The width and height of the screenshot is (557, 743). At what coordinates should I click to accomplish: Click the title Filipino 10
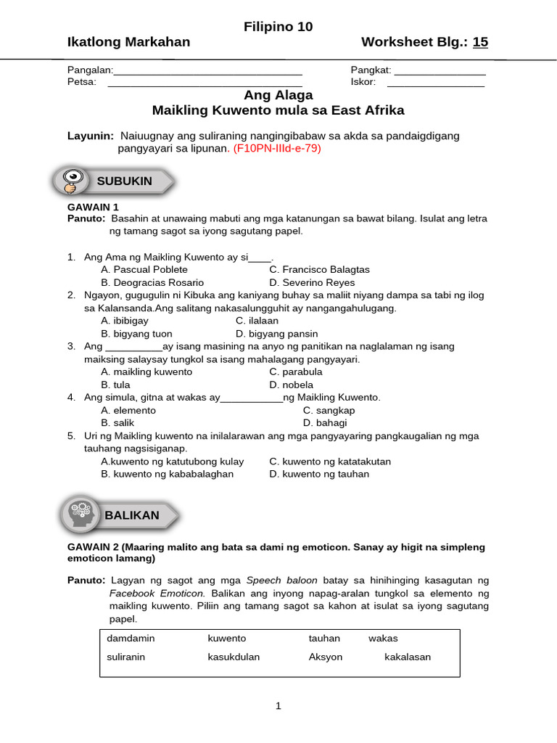pyautogui.click(x=278, y=27)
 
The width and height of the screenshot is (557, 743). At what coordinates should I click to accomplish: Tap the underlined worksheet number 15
pyautogui.click(x=480, y=42)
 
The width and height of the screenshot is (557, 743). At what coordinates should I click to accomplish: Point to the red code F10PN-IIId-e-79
pyautogui.click(x=276, y=148)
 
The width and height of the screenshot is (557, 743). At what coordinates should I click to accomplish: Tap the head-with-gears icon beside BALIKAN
pyautogui.click(x=80, y=514)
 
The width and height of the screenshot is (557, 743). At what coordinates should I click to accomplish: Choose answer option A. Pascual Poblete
pyautogui.click(x=144, y=269)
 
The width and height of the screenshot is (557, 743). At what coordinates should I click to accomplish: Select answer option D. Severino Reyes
pyautogui.click(x=312, y=282)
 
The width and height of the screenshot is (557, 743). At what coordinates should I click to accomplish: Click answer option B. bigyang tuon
pyautogui.click(x=137, y=334)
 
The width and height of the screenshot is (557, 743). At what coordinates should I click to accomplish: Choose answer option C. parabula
pyautogui.click(x=296, y=371)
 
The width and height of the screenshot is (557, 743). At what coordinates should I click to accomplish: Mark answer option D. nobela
pyautogui.click(x=292, y=385)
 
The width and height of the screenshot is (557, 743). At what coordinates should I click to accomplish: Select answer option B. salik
pyautogui.click(x=118, y=422)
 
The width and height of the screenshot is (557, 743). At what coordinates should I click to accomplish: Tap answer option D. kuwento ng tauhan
pyautogui.click(x=319, y=474)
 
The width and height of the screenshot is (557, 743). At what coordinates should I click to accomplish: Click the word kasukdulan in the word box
pyautogui.click(x=234, y=657)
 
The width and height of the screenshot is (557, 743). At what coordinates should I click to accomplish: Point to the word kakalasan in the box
pyautogui.click(x=407, y=657)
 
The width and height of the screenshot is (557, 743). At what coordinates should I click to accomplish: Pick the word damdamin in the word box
pyautogui.click(x=131, y=638)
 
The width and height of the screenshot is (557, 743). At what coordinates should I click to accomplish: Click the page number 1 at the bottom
pyautogui.click(x=278, y=706)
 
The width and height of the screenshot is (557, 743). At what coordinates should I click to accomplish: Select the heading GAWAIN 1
pyautogui.click(x=93, y=207)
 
